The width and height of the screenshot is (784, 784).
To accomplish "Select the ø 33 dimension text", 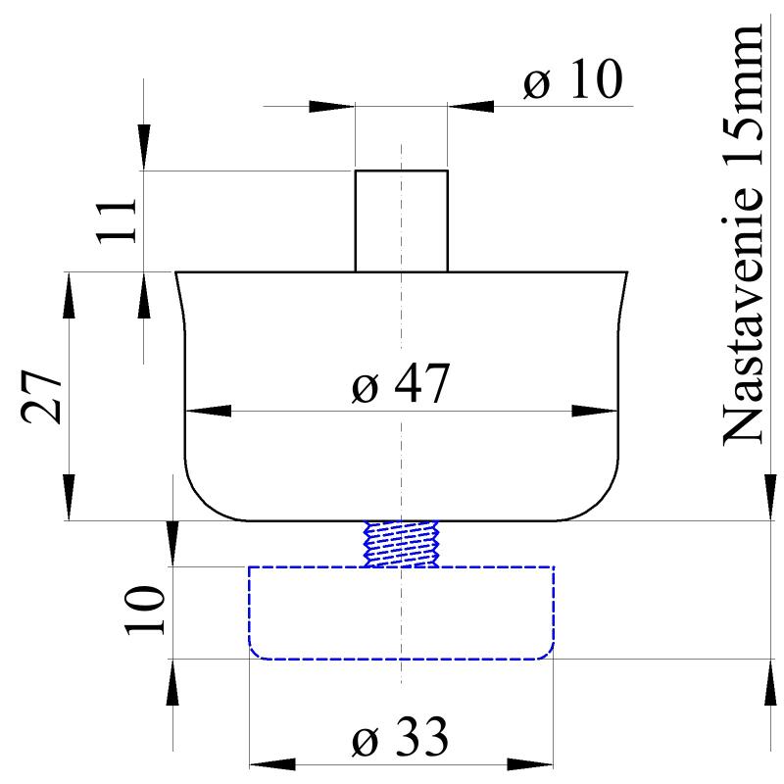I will click(x=401, y=737).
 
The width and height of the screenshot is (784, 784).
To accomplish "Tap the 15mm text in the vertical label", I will click(x=743, y=93).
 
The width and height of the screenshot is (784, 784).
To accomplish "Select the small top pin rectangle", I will click(x=401, y=220).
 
